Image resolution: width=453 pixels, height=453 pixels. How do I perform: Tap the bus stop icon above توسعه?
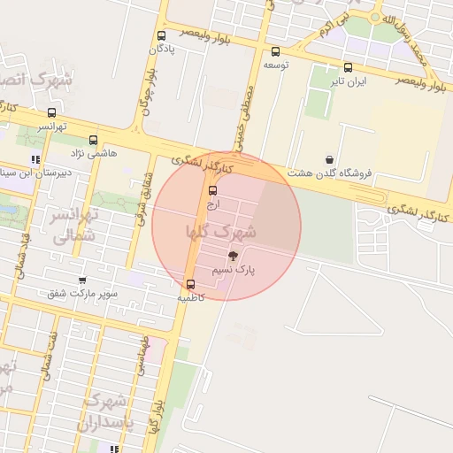tap(276, 51)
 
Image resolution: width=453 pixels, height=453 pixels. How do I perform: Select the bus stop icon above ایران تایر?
tap(348, 67)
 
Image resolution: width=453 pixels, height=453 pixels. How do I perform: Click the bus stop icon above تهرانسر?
tap(51, 113)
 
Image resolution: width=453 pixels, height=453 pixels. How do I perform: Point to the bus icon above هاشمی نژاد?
tap(94, 140)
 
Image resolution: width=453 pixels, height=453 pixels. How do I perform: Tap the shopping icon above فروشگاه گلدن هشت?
tap(330, 159)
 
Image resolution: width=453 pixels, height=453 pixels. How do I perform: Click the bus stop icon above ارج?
tap(212, 190)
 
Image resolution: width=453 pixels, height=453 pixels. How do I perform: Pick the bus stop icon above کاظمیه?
tap(190, 284)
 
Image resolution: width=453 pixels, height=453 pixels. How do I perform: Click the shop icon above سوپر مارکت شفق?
tap(82, 280)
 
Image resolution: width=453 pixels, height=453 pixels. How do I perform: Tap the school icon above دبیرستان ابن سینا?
tap(35, 160)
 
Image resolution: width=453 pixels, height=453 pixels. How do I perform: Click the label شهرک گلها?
tap(221, 232)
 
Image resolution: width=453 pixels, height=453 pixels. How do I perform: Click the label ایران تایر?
tap(348, 81)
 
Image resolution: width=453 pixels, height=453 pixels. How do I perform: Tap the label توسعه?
tap(276, 65)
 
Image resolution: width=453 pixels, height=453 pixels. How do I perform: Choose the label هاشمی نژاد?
tap(88, 154)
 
